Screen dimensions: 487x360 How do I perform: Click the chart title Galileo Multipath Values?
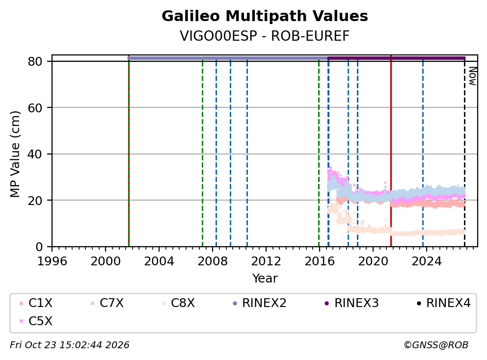(x=265, y=16)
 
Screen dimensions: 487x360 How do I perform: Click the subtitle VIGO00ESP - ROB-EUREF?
(x=265, y=36)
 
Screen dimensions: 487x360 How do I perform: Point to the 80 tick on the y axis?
(x=35, y=61)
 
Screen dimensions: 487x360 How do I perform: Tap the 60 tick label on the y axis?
(x=35, y=108)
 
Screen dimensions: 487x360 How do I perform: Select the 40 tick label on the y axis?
(x=35, y=154)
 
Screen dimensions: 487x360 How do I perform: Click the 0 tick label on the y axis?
(x=39, y=247)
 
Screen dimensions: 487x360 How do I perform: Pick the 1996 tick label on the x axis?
(x=52, y=261)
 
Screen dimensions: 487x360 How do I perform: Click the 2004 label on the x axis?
(x=159, y=261)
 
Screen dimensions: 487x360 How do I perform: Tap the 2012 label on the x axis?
(x=266, y=261)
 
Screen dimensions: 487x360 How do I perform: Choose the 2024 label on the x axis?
(x=427, y=261)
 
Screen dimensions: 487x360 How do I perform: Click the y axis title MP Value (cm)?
(x=15, y=154)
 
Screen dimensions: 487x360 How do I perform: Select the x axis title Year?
(x=265, y=279)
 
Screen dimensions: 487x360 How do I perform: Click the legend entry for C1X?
(x=36, y=303)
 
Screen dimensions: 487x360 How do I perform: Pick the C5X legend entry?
(x=36, y=321)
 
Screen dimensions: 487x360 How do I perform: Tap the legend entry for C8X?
(x=178, y=303)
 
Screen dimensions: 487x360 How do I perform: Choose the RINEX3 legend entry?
(x=352, y=303)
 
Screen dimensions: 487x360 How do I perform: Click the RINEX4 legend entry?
(x=443, y=303)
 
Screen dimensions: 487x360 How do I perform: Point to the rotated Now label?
(x=473, y=76)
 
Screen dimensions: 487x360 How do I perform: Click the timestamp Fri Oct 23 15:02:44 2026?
(x=70, y=345)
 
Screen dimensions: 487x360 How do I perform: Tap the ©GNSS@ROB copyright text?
(x=436, y=345)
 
